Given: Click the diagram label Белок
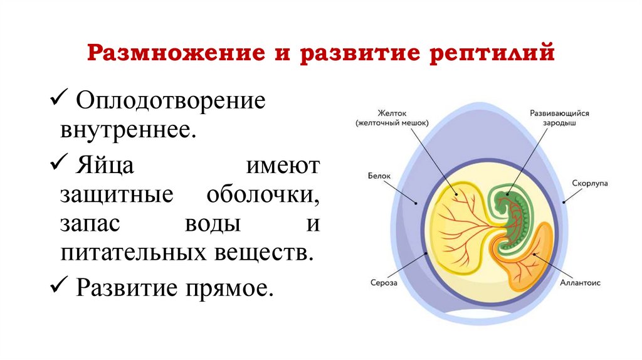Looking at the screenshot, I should click(379, 176).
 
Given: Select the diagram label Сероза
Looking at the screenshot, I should click(383, 283).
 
